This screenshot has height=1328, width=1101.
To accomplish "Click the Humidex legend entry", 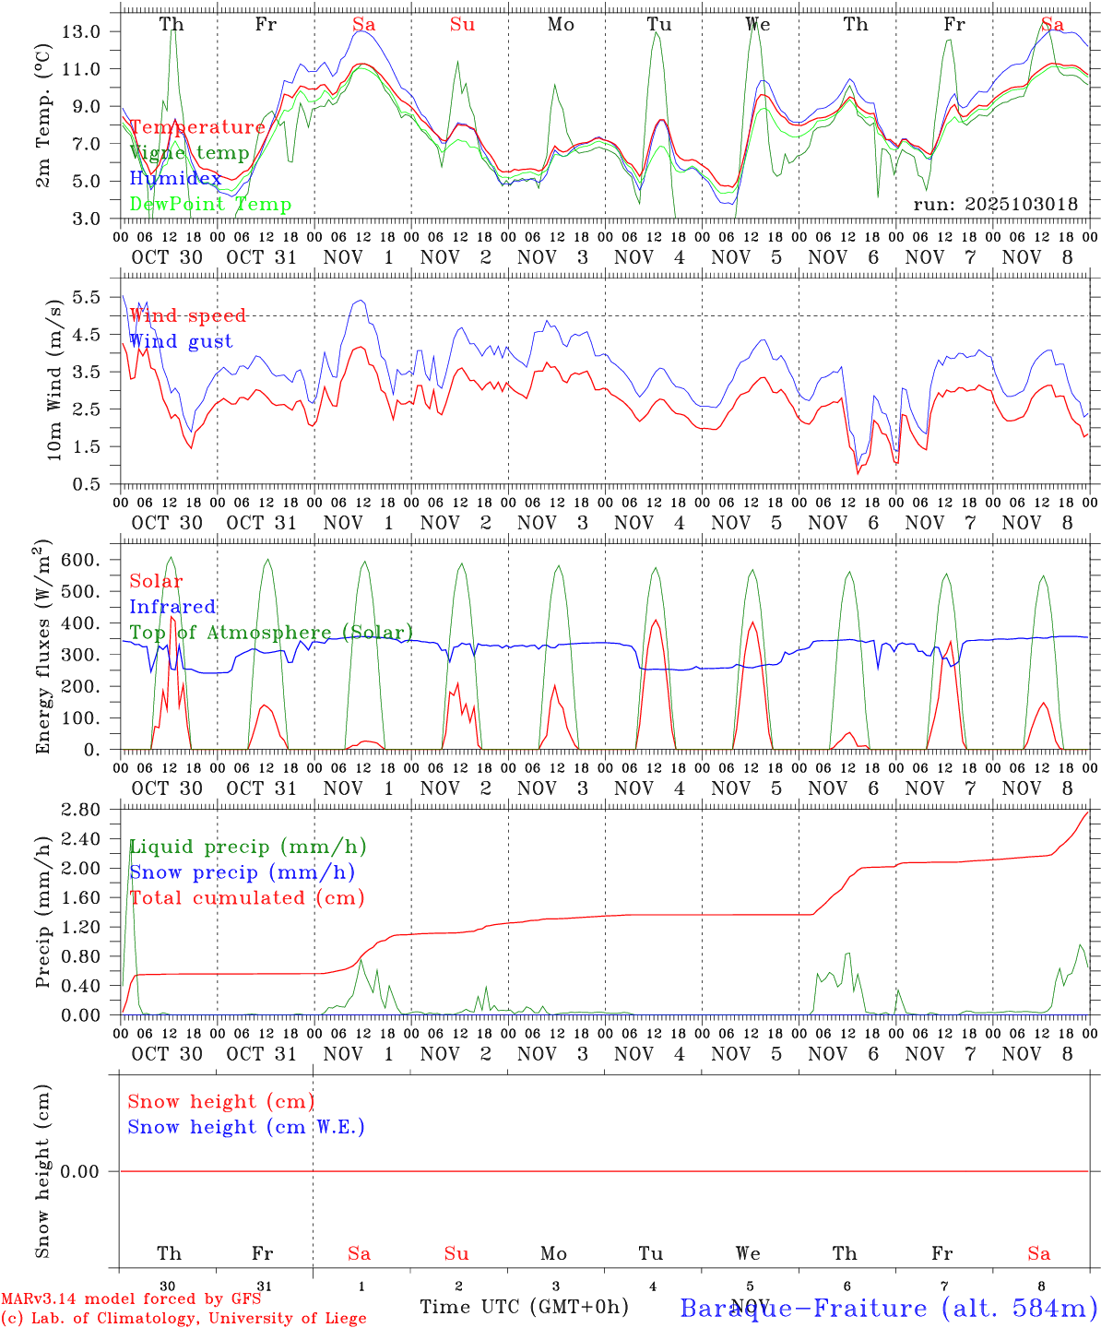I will point(175,179).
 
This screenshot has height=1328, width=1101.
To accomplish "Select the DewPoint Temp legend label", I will point(210,205).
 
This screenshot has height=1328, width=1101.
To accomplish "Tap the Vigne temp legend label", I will point(189,153).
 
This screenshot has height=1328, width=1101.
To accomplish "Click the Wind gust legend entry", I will point(181,341).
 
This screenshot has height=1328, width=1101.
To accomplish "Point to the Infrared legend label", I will point(172,607).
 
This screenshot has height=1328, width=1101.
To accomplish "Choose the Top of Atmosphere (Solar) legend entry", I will point(270,633).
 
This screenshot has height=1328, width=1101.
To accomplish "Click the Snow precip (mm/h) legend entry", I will point(242,872).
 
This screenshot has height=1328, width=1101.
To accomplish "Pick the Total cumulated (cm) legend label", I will point(246,898).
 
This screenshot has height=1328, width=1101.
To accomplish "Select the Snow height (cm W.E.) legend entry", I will point(246,1127).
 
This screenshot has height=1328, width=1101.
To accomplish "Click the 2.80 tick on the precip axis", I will point(80,810).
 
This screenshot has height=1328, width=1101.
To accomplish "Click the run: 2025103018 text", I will point(995,205).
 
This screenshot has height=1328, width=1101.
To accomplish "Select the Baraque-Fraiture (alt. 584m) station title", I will point(889,1308).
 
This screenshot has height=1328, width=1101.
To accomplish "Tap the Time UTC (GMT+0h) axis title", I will point(524,1307).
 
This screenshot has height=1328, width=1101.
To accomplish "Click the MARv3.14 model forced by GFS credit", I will point(131,1298).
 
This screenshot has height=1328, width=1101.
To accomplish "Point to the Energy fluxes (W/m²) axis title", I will point(42,649).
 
